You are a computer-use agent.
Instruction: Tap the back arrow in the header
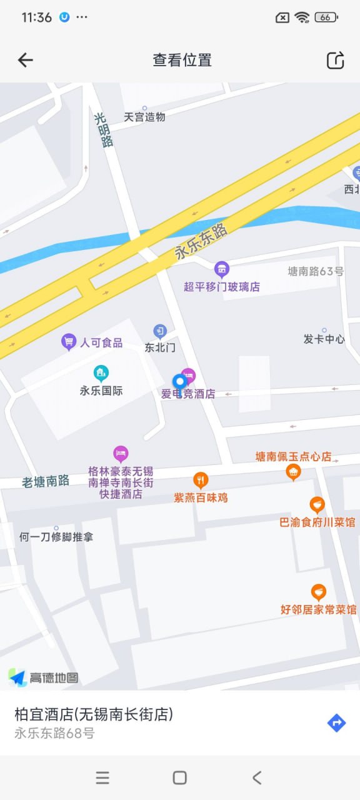(x=25, y=60)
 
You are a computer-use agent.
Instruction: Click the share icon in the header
(x=336, y=60)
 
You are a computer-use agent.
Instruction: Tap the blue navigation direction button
(x=336, y=723)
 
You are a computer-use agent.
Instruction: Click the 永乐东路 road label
(x=201, y=242)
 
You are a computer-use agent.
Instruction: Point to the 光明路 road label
(x=104, y=129)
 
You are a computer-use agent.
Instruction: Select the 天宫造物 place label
(x=144, y=117)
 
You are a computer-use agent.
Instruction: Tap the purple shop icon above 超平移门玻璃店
(x=221, y=269)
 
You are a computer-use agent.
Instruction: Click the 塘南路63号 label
(x=316, y=271)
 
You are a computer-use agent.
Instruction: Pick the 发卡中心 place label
(x=324, y=339)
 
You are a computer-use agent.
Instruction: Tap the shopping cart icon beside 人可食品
(x=68, y=341)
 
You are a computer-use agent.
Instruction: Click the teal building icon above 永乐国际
(x=101, y=374)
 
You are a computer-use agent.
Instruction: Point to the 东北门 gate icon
(x=161, y=331)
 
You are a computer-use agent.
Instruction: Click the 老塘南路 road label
(x=46, y=481)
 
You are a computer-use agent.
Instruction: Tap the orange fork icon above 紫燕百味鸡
(x=201, y=480)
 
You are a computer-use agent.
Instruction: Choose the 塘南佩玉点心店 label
(x=293, y=457)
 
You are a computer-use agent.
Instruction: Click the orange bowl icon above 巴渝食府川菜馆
(x=317, y=504)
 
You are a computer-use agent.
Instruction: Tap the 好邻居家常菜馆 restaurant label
(x=318, y=609)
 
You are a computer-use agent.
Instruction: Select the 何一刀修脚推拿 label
(x=56, y=536)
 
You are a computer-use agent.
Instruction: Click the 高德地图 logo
(x=44, y=677)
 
